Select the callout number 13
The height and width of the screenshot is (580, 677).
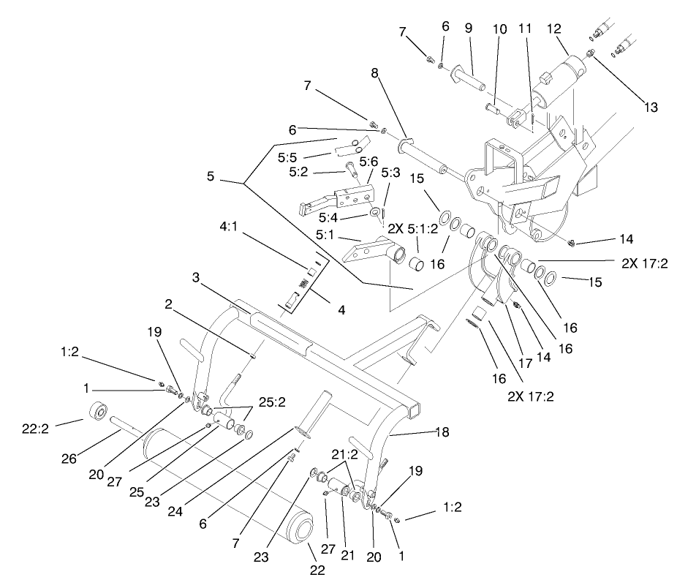pyautogui.click(x=651, y=108)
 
